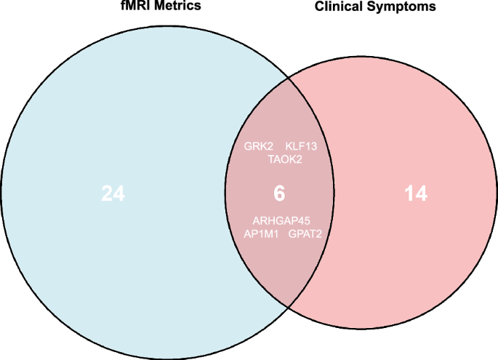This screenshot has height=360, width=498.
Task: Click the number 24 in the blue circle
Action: click(113, 194)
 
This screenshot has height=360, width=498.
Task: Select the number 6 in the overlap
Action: click(279, 194)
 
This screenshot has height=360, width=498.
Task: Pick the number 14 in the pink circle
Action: click(416, 194)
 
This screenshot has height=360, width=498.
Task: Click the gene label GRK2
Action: click(258, 146)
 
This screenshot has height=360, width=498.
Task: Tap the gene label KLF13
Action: click(301, 146)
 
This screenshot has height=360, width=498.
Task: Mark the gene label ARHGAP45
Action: click(281, 220)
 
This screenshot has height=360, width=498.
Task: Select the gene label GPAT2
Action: click(305, 233)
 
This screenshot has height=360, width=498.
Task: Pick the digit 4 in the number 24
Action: click(120, 194)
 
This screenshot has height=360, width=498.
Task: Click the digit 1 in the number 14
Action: click(409, 194)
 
